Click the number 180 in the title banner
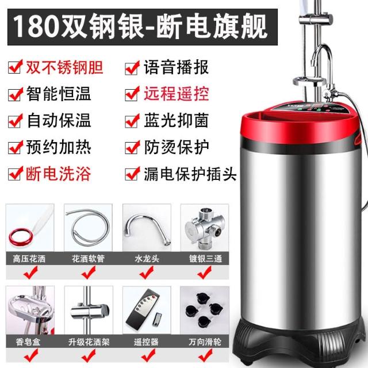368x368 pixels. click(36, 27)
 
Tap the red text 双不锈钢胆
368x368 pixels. click(65, 67)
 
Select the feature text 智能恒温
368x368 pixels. click(59, 94)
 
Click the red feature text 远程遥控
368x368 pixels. click(177, 94)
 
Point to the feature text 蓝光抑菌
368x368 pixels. click(177, 121)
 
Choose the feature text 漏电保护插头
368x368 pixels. click(190, 174)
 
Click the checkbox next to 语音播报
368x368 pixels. click(132, 68)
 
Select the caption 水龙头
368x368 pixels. click(147, 259)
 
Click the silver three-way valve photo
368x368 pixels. click(205, 228)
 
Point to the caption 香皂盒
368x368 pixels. click(28, 342)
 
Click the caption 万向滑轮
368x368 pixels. click(205, 342)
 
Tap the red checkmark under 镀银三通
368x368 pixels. click(205, 272)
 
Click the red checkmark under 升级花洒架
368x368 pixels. click(89, 355)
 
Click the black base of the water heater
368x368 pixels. click(300, 344)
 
